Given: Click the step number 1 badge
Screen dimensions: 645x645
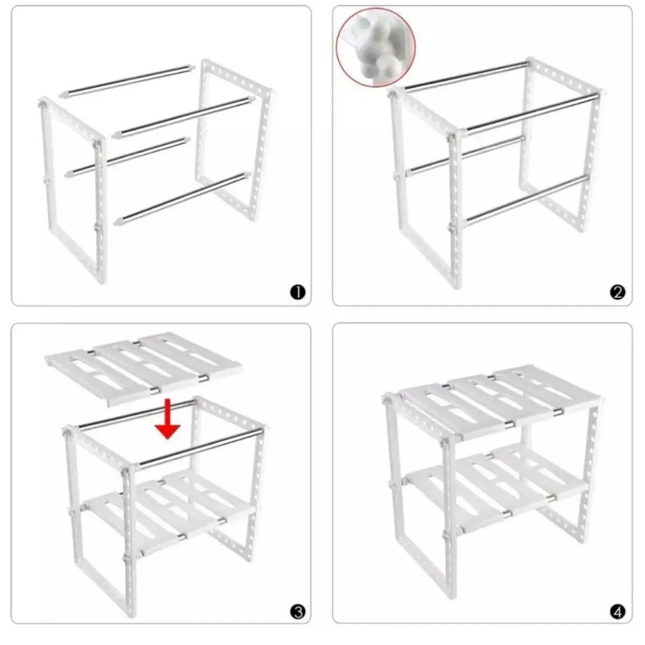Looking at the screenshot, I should coord(297,292).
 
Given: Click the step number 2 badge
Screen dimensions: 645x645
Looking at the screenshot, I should coord(618,292).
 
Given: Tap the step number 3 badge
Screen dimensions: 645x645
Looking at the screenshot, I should coord(297,611).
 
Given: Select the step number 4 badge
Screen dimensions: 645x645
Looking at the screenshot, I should coord(618,611).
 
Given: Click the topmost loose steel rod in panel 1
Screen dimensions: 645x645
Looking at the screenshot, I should coord(127,81).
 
